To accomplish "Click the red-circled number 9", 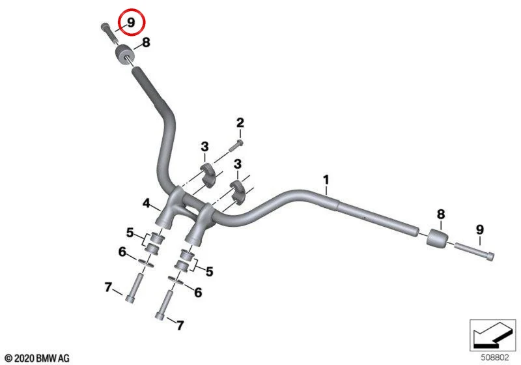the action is (x=131, y=23).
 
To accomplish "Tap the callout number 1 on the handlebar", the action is (x=326, y=180).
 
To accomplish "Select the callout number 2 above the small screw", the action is (x=240, y=123).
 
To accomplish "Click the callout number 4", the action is (x=147, y=203).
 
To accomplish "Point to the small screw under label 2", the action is (x=236, y=145).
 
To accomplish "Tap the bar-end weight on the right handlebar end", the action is (x=437, y=238).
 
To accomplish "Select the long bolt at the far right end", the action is (x=474, y=252).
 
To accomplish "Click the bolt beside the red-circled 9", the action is (x=109, y=32).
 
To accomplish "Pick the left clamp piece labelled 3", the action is (x=208, y=175).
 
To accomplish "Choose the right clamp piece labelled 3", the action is (x=238, y=192).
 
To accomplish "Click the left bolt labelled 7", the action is (x=134, y=287).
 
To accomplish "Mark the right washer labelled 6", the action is (x=176, y=280).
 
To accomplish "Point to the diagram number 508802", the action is (x=495, y=357).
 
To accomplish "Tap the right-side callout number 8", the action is (x=441, y=214).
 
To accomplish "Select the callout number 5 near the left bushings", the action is (x=130, y=233).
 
